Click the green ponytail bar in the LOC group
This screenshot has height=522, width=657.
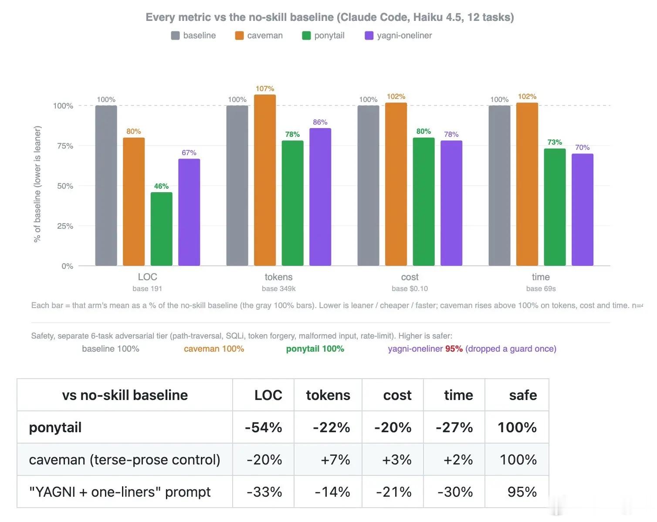[x=161, y=229]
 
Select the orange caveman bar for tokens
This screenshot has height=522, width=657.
[x=265, y=180]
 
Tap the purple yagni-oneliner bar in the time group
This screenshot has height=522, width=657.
[x=582, y=210]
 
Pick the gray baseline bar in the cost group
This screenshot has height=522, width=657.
[x=368, y=186]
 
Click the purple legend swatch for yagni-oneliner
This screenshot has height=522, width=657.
[x=369, y=35]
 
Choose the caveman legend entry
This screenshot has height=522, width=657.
[x=259, y=35]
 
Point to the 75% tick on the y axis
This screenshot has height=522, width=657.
[x=65, y=146]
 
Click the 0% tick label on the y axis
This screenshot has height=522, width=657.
[x=67, y=266]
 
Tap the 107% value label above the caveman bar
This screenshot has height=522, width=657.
[x=265, y=88]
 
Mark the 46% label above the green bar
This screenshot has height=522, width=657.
[x=161, y=186]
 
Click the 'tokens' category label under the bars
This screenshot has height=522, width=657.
[x=278, y=277]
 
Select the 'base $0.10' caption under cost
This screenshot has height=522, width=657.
[x=410, y=288]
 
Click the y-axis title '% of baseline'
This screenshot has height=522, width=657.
[x=37, y=217]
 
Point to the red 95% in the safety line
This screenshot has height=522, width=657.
[x=454, y=349]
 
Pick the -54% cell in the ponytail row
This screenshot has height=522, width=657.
[x=263, y=427]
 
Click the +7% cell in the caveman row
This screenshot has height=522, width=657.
[x=335, y=459]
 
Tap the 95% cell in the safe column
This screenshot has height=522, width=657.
[x=522, y=492]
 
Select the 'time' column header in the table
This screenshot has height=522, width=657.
[x=458, y=395]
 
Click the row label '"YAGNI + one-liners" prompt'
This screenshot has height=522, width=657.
[x=120, y=492]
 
